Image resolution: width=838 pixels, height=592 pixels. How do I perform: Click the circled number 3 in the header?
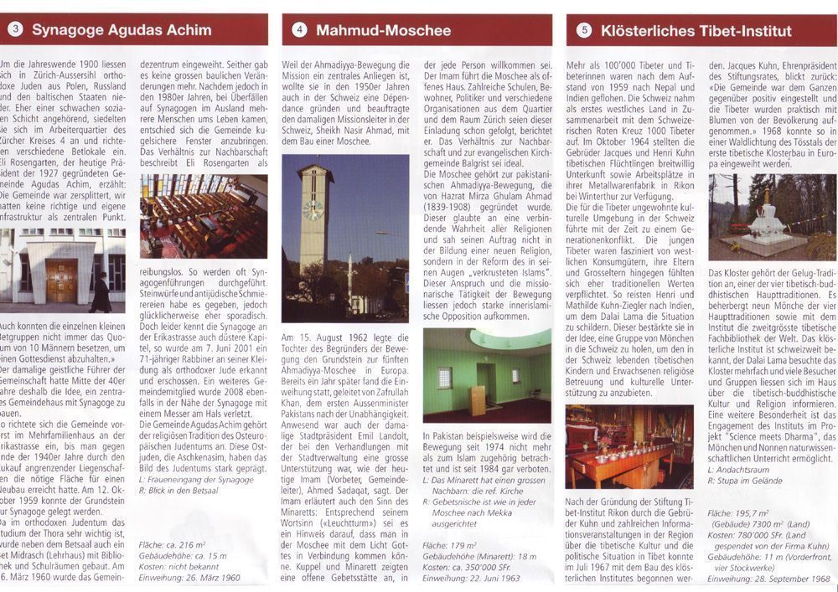16,31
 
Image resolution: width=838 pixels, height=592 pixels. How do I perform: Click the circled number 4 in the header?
300,31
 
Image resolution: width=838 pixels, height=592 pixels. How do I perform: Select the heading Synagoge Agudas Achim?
122,31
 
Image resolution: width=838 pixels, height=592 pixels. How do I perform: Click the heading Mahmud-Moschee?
383,31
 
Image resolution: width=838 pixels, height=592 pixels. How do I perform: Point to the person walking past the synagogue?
100,292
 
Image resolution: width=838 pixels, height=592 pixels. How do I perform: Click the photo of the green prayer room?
487,374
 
